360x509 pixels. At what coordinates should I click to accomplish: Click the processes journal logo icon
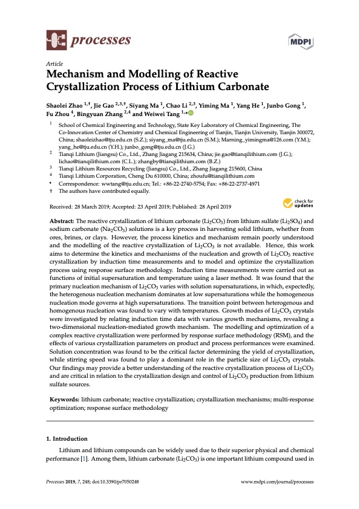coord(56,41)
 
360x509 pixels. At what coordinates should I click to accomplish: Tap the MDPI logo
coord(300,41)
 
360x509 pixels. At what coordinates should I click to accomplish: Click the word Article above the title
coord(54,64)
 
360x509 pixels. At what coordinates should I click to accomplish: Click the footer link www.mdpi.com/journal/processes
coord(278,481)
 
